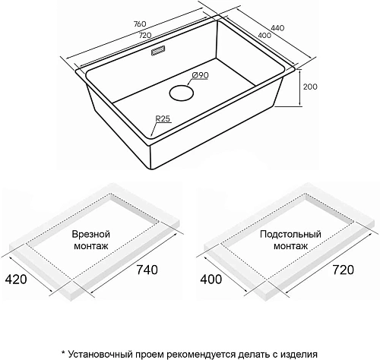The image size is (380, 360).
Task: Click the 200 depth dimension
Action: [310, 87]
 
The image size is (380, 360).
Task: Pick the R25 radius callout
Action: [162, 119]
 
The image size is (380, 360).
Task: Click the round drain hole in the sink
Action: [182, 93]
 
